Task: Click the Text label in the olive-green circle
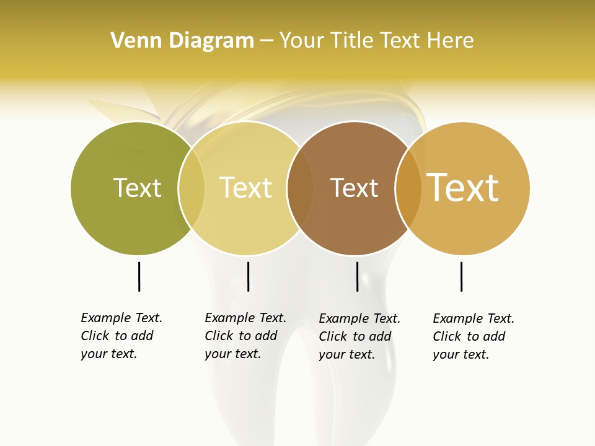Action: click(x=137, y=188)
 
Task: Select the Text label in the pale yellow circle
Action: click(x=245, y=188)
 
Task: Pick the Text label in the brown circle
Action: click(x=354, y=188)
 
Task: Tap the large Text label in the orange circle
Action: click(x=463, y=188)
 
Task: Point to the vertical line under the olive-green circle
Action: click(x=139, y=276)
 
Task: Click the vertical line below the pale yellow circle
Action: click(x=248, y=276)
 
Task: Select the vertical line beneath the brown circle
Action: click(x=357, y=276)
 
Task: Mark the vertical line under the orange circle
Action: click(x=461, y=276)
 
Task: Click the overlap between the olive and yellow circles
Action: click(x=192, y=188)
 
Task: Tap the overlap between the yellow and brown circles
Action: click(x=300, y=188)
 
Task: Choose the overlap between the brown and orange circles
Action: click(x=408, y=188)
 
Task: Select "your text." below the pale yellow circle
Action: click(x=233, y=354)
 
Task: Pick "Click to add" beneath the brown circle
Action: click(x=355, y=336)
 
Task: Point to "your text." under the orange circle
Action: click(x=461, y=354)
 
